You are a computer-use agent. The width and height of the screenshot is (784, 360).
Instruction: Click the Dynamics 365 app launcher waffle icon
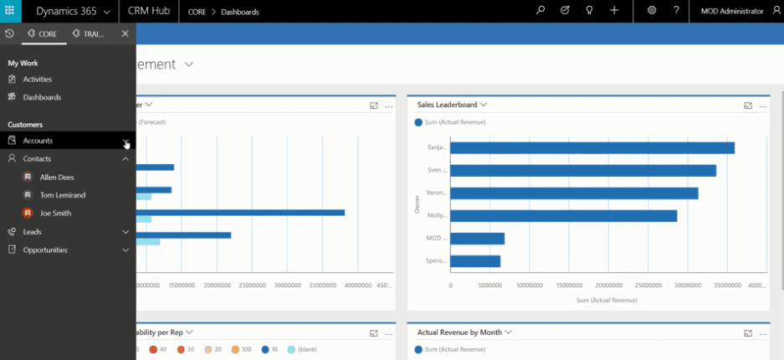point(11,11)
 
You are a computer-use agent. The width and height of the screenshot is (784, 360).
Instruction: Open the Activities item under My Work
point(37,80)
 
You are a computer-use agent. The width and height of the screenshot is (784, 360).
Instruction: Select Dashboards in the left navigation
point(42,97)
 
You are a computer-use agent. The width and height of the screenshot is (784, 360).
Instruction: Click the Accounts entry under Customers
point(38,141)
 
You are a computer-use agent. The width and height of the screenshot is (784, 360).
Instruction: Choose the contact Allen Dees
point(56,177)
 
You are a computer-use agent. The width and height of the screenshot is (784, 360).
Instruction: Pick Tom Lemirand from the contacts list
point(62,195)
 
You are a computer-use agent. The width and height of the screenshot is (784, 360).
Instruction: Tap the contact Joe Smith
point(55,213)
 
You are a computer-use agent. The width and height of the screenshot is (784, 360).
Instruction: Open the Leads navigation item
point(32,232)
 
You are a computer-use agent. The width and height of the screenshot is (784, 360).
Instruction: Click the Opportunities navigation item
point(45,249)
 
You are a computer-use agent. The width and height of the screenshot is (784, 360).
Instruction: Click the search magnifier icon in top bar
point(541,11)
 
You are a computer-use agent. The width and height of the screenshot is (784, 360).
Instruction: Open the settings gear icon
point(652,11)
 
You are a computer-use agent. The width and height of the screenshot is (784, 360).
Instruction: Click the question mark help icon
point(676,11)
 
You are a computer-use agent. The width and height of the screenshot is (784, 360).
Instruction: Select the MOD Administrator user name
point(731,11)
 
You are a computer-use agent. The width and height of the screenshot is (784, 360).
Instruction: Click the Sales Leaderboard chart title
point(447,105)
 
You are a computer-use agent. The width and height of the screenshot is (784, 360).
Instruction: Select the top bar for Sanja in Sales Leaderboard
point(592,148)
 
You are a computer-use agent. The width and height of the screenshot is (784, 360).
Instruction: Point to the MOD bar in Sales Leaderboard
point(477,239)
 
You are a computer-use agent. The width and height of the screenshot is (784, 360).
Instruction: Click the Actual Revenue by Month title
point(459,332)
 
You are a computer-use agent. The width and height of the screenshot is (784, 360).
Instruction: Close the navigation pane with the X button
point(125,33)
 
